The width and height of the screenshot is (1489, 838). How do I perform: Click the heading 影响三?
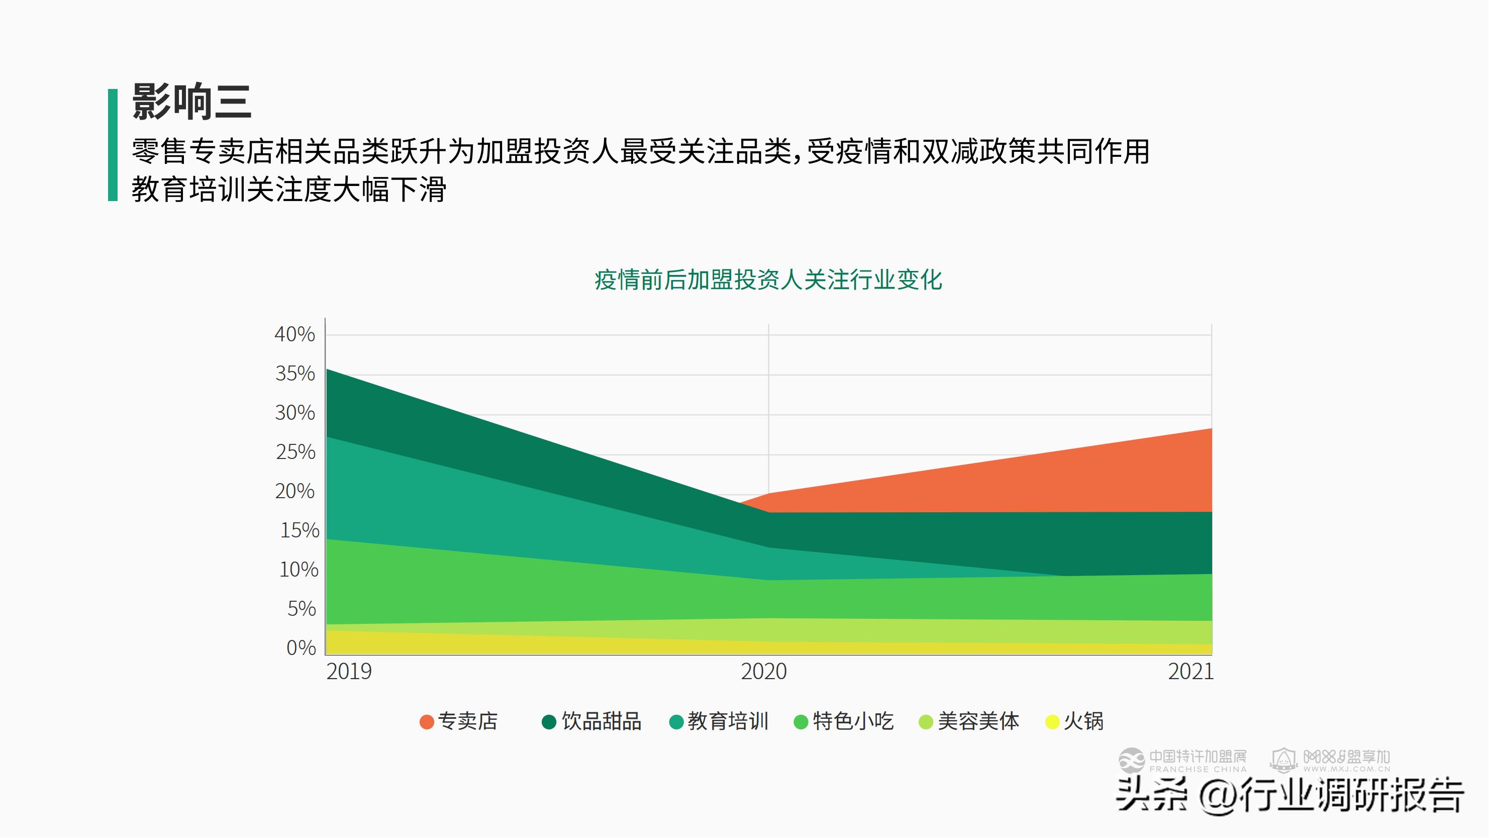tap(192, 103)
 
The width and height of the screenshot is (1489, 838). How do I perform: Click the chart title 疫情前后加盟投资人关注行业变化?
tap(768, 280)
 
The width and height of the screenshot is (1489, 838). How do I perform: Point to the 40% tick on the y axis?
tap(295, 334)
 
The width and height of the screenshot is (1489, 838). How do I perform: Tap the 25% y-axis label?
tap(295, 452)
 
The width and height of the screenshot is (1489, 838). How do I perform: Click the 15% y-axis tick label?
tap(300, 530)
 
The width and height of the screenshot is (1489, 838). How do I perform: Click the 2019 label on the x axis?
tap(349, 672)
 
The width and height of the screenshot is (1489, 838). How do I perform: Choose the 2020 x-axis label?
tap(763, 672)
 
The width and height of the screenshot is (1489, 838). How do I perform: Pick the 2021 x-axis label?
tap(1190, 672)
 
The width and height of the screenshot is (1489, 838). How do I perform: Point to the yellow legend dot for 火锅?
tap(1053, 722)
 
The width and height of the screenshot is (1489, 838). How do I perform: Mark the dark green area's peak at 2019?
tap(327, 370)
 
